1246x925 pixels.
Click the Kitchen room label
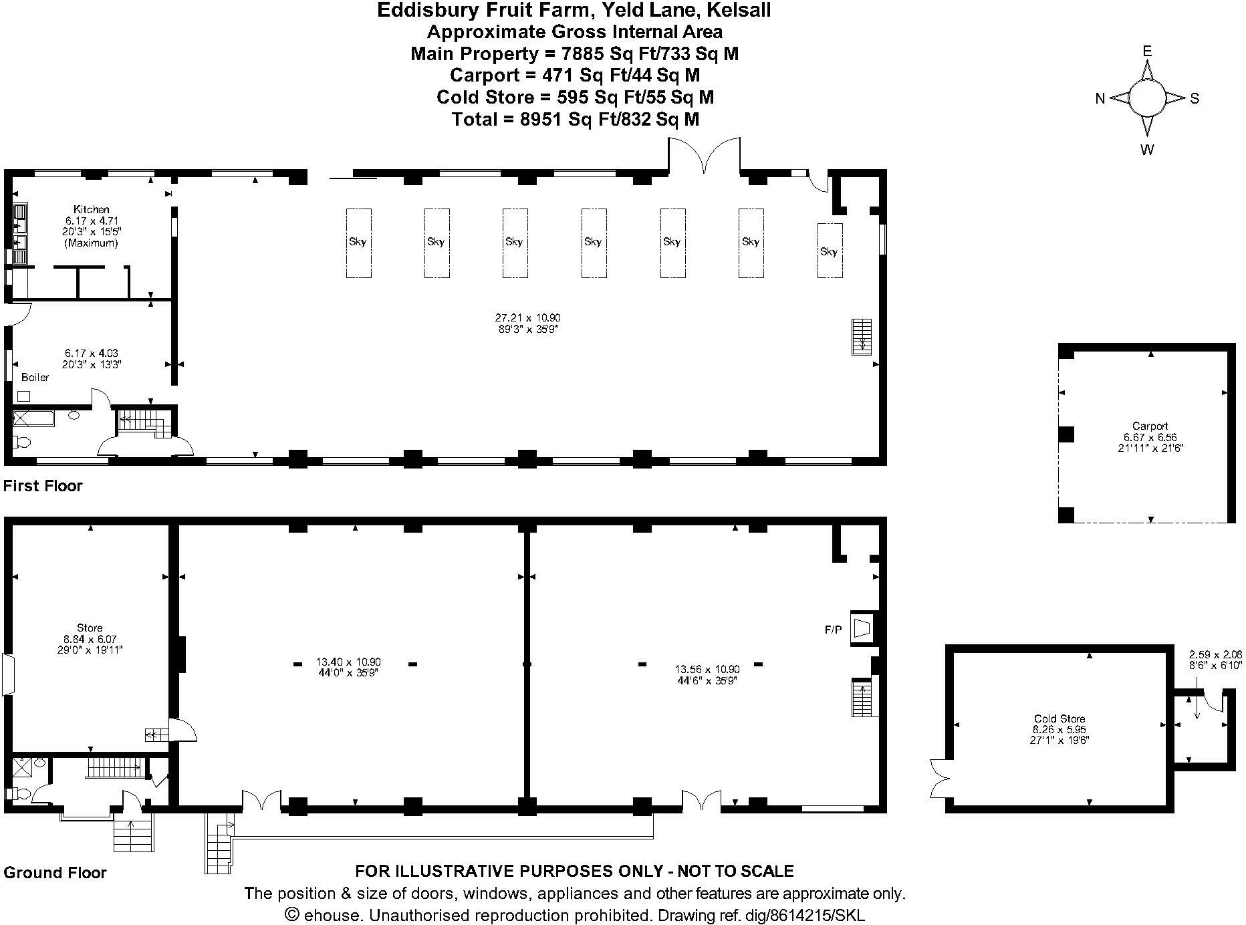click(x=92, y=209)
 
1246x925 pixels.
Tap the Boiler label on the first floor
click(x=35, y=377)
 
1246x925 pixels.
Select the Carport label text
click(x=1150, y=426)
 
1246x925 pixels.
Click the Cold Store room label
click(x=1059, y=719)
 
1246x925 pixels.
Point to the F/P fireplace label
click(x=833, y=630)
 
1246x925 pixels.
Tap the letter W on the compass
click(x=1147, y=150)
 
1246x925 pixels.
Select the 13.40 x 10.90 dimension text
click(x=348, y=662)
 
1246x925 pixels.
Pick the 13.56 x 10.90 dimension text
click(x=707, y=669)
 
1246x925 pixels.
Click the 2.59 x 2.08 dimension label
click(x=1215, y=654)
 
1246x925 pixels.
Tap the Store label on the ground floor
click(x=90, y=628)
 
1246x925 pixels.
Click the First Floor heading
click(x=43, y=486)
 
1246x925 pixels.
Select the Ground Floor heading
click(x=55, y=872)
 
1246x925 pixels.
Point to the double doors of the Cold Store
click(x=939, y=778)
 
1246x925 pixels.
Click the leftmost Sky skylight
click(x=358, y=243)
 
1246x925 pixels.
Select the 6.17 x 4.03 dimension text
click(x=92, y=353)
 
